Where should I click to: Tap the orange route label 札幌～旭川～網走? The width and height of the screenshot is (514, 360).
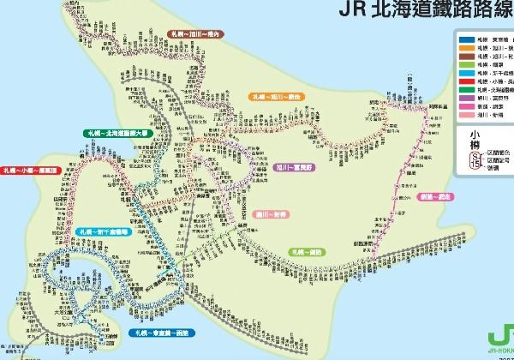(x=276, y=96)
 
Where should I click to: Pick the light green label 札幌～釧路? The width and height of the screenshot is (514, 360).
(x=307, y=252)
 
